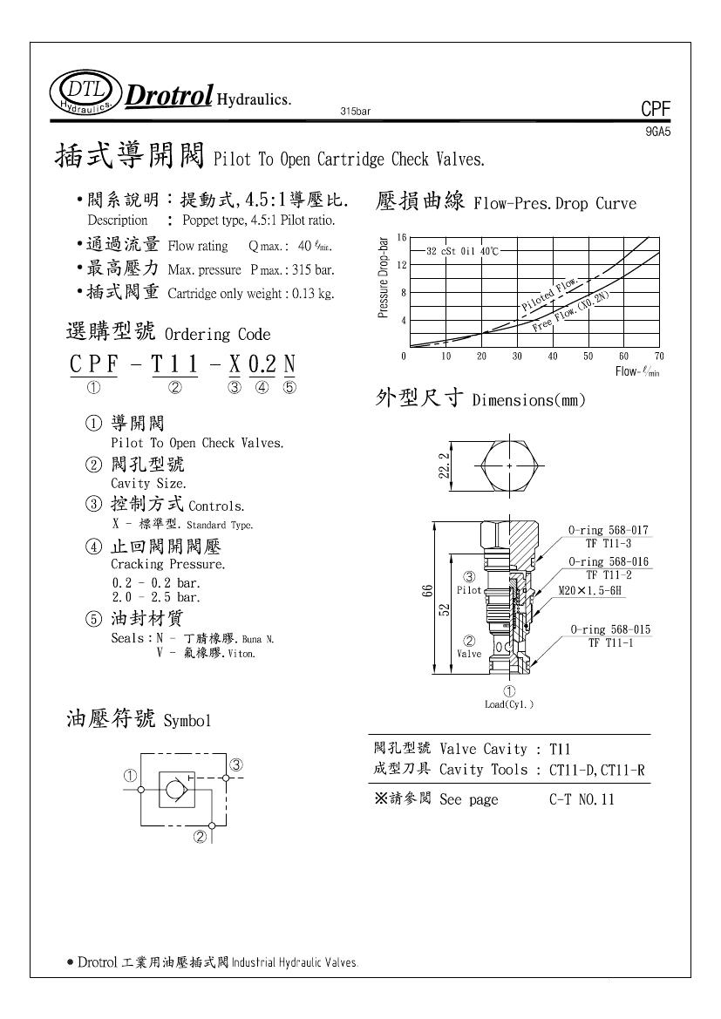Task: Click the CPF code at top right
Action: (655, 109)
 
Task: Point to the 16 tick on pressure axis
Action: (402, 237)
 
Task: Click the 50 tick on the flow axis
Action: (588, 356)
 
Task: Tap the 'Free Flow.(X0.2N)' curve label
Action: (570, 312)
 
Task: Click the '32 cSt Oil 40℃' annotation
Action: (462, 251)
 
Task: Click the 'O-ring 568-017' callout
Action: (608, 530)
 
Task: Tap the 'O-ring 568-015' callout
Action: (610, 629)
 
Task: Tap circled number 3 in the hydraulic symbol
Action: (235, 764)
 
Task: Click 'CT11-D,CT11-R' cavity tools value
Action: (596, 770)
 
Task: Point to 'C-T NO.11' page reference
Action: (582, 799)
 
